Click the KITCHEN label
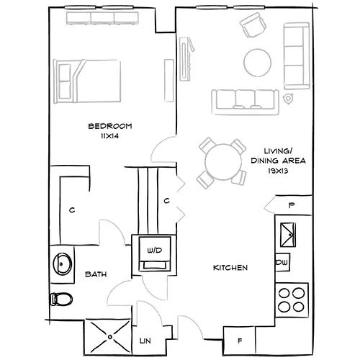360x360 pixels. coord(230,268)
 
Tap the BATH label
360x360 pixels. coord(96,274)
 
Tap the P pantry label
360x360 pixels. coord(292,205)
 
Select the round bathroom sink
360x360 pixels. coord(63,264)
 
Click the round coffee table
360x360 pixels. coord(258,62)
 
